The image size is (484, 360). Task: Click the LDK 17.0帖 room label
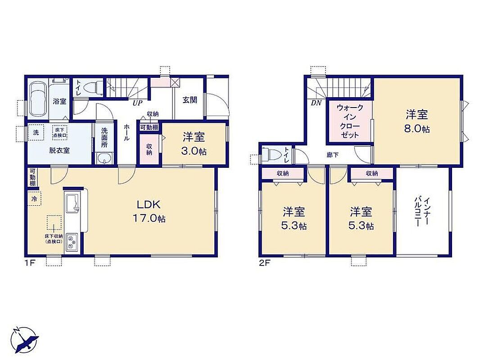[149, 211]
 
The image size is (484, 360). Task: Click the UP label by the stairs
[137, 103]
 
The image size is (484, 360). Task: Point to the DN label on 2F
[316, 103]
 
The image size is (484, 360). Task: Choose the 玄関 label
[190, 99]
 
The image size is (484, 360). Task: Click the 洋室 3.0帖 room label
[194, 144]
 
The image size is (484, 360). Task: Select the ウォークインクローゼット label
[350, 121]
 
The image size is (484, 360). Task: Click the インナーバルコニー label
[423, 212]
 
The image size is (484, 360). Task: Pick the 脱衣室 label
[59, 151]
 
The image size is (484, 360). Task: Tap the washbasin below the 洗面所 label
[104, 158]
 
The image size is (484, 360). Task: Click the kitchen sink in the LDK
[72, 202]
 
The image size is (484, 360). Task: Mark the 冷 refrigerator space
[35, 199]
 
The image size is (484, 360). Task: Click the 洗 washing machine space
[36, 133]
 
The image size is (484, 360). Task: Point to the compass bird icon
[25, 340]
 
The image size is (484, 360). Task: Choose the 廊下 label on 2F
[332, 155]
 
